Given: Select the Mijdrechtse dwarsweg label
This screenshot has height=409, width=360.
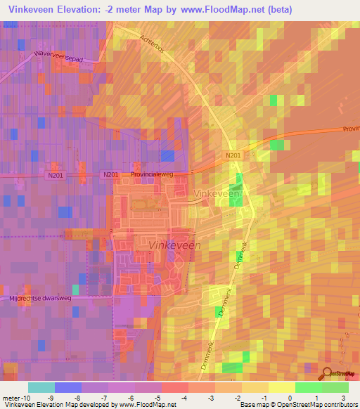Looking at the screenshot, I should point(34,298).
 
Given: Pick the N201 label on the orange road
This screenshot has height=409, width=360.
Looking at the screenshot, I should point(233,156).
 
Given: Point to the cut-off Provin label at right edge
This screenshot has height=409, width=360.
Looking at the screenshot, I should point(350,129).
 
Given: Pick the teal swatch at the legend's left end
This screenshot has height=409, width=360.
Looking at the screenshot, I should point(41,387).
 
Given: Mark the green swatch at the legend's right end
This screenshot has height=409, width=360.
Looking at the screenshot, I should point(335,387).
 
